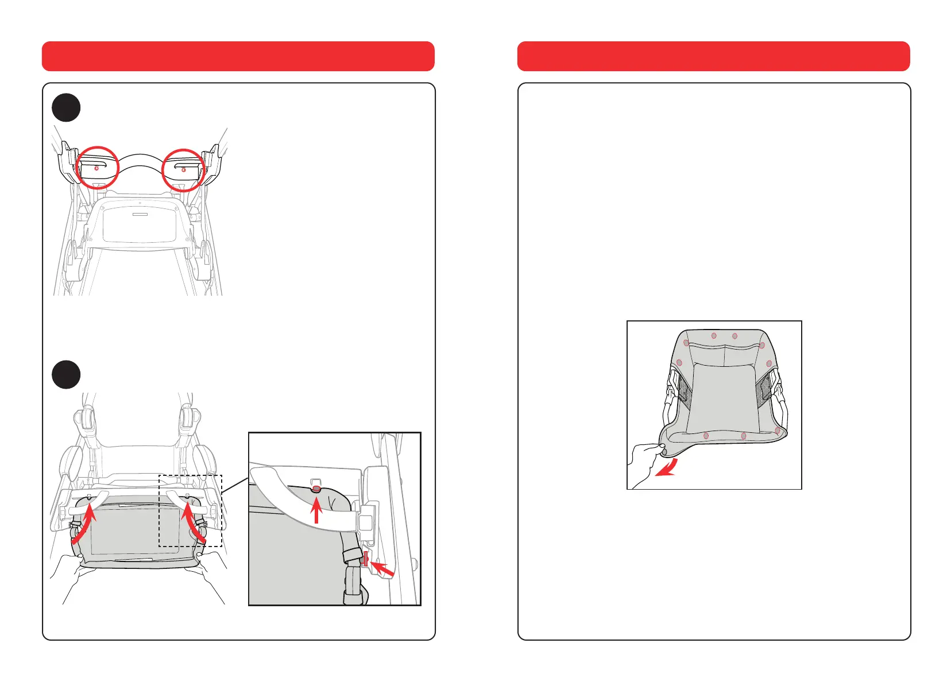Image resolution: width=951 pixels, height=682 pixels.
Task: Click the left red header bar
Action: tap(238, 56)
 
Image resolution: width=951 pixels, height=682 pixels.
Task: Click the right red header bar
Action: tap(713, 56)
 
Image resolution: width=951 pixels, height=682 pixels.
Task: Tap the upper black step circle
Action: tap(66, 107)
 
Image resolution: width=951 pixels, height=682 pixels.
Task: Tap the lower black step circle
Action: tap(66, 375)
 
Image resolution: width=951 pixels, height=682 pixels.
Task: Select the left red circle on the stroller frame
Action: tap(97, 168)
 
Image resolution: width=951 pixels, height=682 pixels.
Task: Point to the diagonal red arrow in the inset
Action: tap(382, 569)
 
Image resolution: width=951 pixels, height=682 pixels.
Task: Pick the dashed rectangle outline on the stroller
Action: tap(190, 511)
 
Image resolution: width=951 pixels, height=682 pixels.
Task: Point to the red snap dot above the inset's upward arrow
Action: tap(316, 489)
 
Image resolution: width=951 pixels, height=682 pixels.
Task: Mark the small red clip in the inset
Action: tap(365, 558)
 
